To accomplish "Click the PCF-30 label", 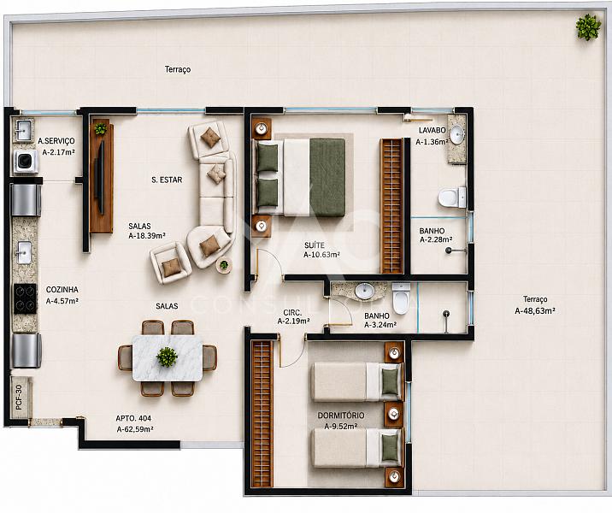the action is [19, 397].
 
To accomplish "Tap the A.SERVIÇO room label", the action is [56, 141].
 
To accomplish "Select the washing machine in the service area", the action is [26, 162].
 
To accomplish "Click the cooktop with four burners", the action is [26, 298].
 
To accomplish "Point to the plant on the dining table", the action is [167, 357].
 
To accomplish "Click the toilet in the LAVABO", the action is [452, 198].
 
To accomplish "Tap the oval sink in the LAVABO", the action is [457, 135].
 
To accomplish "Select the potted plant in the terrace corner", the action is [588, 27].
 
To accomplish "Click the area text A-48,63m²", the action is [535, 311].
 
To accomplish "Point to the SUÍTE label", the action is [315, 245].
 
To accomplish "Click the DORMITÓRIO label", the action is [341, 416].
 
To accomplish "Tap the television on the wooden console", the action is [100, 177].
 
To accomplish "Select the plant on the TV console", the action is [101, 128].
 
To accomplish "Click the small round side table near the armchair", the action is [224, 265].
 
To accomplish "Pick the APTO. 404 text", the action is [133, 418].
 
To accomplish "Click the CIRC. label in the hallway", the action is [292, 312].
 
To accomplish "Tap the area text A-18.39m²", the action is [147, 236].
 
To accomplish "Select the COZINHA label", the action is [62, 290].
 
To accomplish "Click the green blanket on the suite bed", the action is [327, 177].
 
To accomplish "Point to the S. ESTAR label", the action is [167, 180].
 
